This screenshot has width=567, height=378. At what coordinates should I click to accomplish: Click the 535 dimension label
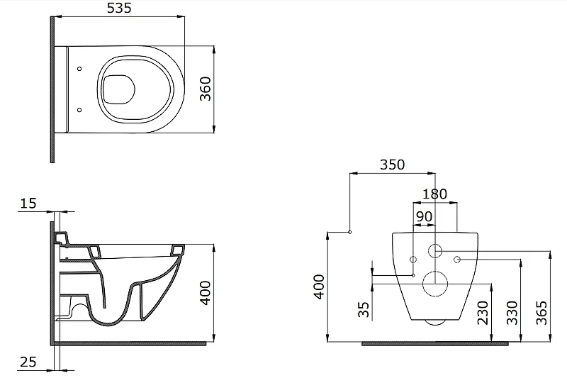(119, 8)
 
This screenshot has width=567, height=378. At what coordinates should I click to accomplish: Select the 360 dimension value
(206, 89)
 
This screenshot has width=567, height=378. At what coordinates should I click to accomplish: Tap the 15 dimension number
(28, 204)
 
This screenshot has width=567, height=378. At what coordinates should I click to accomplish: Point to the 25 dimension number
(28, 362)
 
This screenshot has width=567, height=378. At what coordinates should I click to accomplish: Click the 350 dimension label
(393, 165)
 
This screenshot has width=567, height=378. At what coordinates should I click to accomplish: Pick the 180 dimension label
(435, 194)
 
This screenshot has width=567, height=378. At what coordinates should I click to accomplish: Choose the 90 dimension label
(424, 216)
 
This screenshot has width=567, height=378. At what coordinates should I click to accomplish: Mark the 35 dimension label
(364, 310)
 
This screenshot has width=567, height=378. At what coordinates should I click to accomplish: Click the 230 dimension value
(483, 313)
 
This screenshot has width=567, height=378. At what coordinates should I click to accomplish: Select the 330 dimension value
(512, 313)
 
